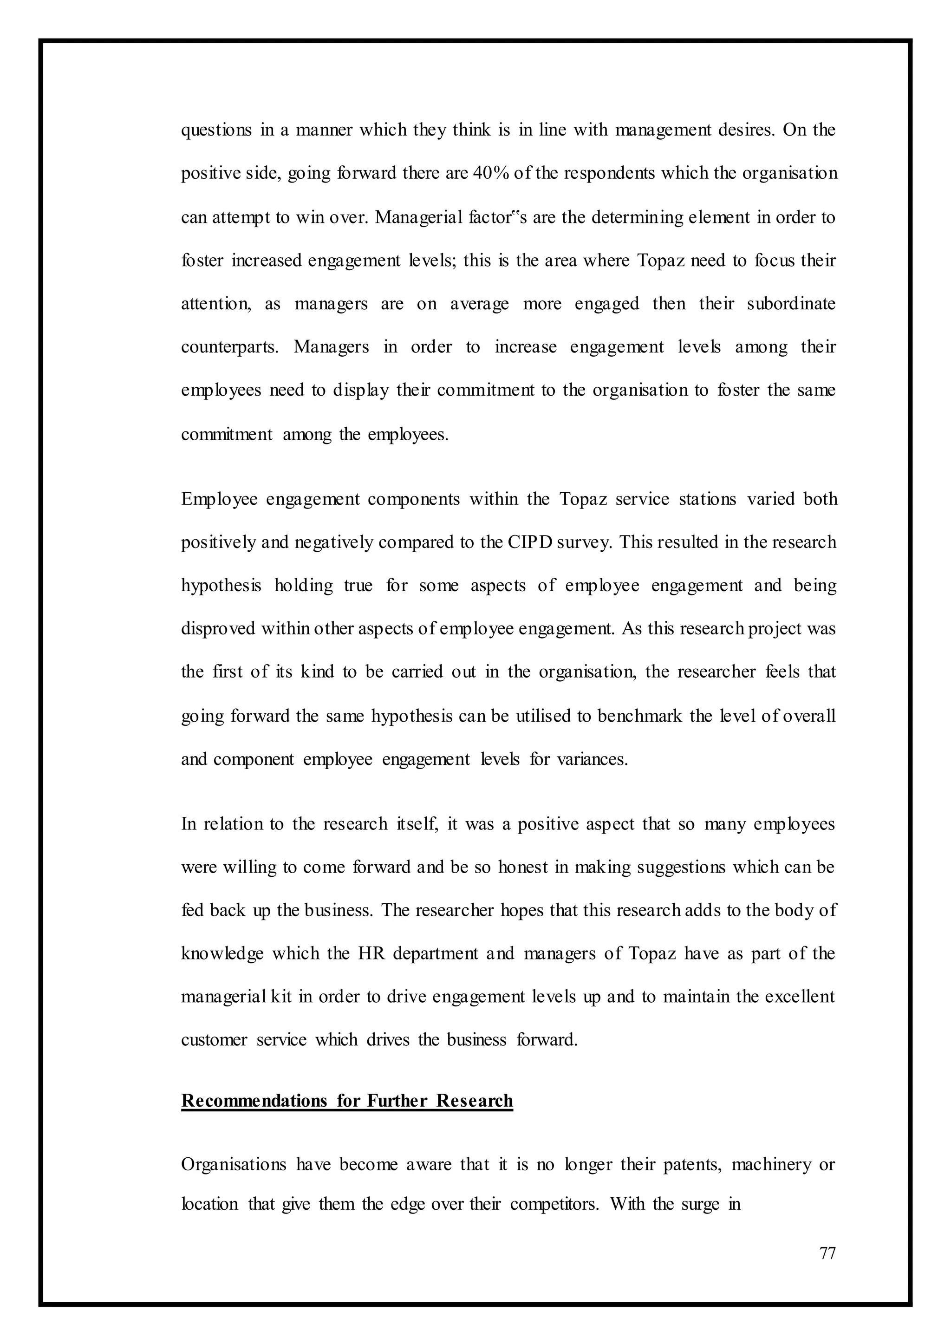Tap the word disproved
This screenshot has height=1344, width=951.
[x=218, y=628]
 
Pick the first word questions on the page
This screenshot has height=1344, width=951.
[x=216, y=130]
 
